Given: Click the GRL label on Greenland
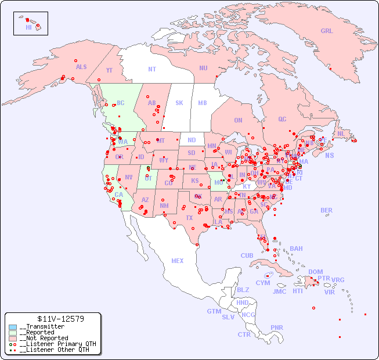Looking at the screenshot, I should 327,31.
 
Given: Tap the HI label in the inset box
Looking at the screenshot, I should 28,27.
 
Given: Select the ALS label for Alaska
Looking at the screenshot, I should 81,67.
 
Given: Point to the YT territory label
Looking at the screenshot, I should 109,70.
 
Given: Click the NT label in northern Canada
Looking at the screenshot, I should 152,69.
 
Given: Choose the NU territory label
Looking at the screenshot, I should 203,68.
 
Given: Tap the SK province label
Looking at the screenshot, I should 179,103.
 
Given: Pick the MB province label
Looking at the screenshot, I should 202,103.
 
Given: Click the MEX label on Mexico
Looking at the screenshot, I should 178,261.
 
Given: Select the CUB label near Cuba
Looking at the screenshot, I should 247,255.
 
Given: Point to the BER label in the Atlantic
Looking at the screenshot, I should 327,210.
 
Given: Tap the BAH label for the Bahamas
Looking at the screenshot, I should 296,249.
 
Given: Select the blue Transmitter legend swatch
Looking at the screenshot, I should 12,327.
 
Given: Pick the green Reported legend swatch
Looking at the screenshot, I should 12,333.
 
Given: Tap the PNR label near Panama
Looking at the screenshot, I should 277,327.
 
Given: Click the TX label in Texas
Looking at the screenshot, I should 189,218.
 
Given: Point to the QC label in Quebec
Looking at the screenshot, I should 282,119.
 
